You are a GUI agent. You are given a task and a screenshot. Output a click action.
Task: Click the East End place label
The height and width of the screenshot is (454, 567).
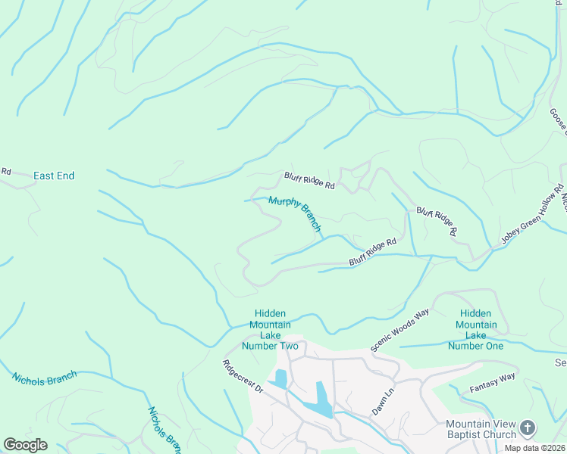pos(54,176)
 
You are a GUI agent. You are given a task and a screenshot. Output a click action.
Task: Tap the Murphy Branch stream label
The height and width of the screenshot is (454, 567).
pos(296,213)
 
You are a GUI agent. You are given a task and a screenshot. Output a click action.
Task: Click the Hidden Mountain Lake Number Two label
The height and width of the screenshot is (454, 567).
pos(270,329)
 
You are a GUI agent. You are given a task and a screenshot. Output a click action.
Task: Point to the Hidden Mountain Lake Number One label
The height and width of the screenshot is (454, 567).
pos(475,329)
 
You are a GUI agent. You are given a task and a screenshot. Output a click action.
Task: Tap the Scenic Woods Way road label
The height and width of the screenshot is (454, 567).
pos(399,329)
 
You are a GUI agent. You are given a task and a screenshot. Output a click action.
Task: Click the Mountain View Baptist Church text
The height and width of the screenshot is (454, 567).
pos(481,429)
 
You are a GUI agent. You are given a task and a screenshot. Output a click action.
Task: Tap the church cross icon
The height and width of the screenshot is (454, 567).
pos(528,428)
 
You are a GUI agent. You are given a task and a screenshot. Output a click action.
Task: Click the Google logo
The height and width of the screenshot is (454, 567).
pos(25,445)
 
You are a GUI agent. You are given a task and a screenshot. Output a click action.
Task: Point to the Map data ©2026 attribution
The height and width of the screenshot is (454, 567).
pos(534,448)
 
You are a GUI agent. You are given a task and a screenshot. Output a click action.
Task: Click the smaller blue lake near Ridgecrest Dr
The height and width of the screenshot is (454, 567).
pos(281,378)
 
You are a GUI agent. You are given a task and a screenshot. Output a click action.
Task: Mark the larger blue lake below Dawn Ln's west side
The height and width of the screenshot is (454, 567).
pos(323,399)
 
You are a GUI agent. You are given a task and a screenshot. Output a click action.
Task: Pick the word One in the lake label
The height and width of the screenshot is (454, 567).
pos(491,346)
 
